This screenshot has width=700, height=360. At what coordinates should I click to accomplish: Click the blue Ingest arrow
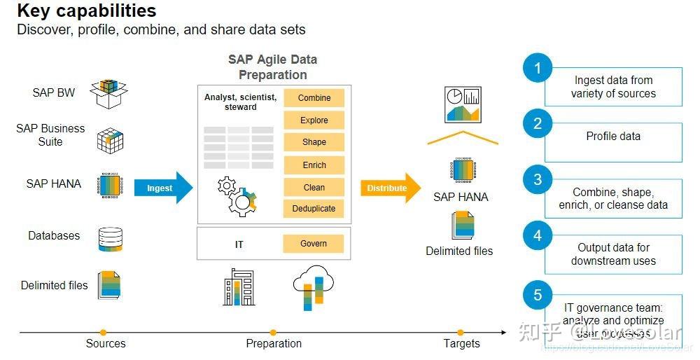[162, 188]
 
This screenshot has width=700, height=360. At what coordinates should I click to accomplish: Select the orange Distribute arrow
[390, 188]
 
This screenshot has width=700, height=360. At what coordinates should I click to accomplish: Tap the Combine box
[314, 98]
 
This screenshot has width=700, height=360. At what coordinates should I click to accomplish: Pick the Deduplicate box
[314, 208]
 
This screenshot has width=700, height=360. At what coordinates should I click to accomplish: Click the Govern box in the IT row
[314, 243]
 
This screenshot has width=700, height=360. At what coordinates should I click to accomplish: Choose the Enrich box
[314, 165]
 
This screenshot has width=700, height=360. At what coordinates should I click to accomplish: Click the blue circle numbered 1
[538, 68]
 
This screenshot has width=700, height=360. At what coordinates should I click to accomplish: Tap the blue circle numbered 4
[538, 236]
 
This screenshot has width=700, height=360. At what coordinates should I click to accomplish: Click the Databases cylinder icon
[110, 239]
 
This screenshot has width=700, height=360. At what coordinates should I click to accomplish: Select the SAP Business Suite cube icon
[110, 140]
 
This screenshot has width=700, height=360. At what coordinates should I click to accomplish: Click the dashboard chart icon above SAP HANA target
[462, 104]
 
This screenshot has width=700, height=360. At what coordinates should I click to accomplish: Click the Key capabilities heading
[87, 11]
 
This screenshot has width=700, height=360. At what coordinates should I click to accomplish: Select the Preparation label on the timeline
[274, 343]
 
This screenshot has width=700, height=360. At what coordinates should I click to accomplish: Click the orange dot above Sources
[104, 332]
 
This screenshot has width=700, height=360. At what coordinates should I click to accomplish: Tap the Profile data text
[613, 136]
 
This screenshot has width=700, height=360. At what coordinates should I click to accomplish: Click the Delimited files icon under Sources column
[110, 285]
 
